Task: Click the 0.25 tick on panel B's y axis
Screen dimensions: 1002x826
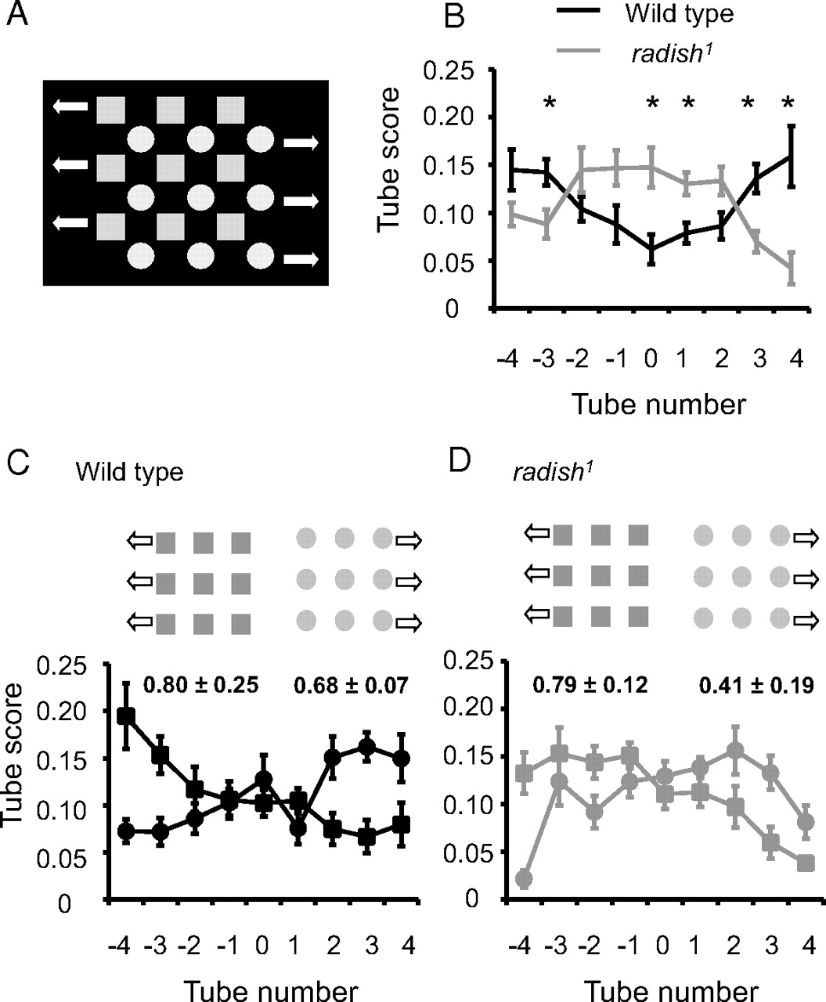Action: pos(448,70)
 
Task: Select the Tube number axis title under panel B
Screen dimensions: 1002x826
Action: pos(658,405)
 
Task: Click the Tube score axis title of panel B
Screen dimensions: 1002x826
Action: pos(388,160)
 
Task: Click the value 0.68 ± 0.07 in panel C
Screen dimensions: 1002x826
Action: pos(351,687)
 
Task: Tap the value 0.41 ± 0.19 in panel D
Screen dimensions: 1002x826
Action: pos(756,686)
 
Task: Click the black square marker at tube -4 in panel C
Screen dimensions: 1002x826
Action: pos(125,716)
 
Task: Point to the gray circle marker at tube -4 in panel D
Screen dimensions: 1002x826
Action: pos(524,879)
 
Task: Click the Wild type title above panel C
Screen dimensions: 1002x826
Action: pos(129,473)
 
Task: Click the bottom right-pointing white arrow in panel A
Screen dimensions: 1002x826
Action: pos(301,258)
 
